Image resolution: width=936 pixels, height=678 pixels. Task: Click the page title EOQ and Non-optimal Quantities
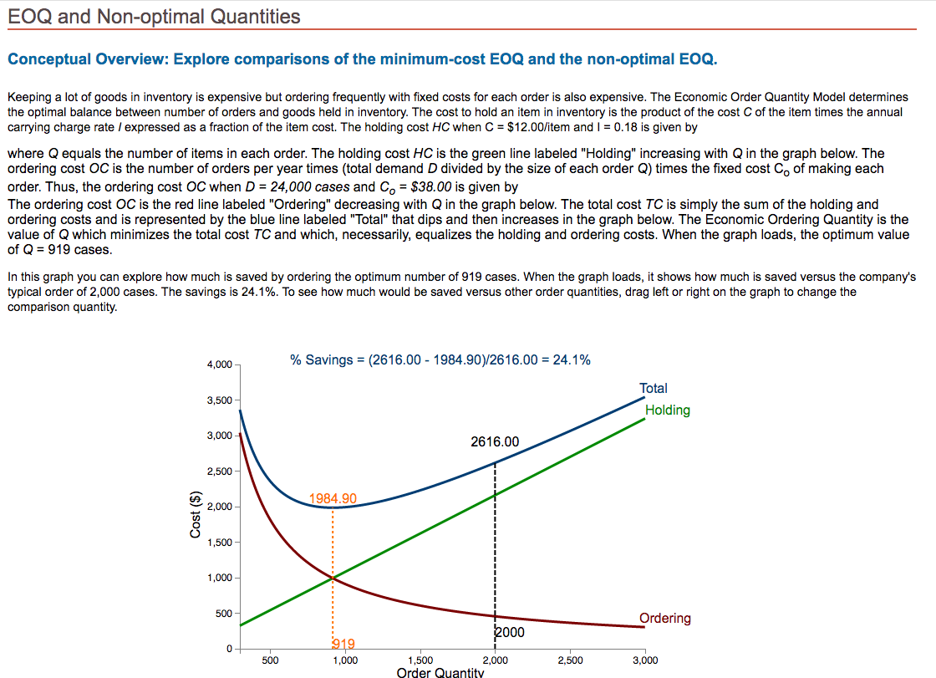(154, 16)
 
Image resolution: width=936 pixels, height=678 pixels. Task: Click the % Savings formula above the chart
(440, 359)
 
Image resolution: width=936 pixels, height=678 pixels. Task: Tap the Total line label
(653, 388)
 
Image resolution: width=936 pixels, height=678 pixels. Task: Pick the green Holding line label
(667, 410)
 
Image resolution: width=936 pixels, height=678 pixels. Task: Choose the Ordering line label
(664, 618)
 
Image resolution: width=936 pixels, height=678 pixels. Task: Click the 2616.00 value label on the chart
(494, 441)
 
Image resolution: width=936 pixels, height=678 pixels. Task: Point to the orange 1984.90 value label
(333, 498)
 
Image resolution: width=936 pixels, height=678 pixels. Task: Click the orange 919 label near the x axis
(343, 644)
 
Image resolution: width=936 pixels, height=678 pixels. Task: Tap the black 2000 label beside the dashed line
(511, 632)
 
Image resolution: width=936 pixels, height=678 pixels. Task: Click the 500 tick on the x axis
(270, 660)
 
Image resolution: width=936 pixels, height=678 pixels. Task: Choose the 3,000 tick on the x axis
(644, 660)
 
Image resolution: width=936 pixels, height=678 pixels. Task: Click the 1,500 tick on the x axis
(420, 660)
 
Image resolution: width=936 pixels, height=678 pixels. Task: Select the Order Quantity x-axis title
(440, 672)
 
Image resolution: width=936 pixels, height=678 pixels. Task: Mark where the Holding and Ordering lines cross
(333, 578)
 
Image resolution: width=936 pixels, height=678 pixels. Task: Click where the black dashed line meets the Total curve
(495, 462)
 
